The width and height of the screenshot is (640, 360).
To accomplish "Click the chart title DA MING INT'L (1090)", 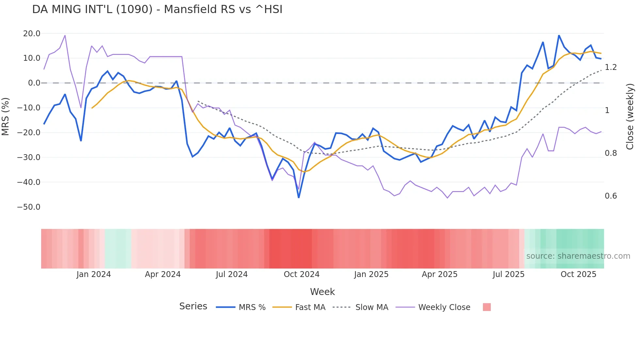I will pos(157,9).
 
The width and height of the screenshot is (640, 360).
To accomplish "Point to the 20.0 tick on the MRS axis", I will pos(32,34).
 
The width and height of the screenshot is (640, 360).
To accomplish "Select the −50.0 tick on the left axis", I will pos(29,207).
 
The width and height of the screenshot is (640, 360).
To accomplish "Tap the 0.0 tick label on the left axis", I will pos(34,83).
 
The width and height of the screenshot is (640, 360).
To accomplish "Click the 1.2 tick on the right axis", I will pos(611,67).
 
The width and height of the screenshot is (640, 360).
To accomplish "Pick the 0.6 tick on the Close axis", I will pos(611,196).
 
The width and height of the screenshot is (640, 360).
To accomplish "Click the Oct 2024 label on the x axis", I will pos(301,274).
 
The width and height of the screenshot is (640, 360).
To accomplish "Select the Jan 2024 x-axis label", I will pos(94,274).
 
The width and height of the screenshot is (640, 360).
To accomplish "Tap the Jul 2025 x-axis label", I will pos(508,274).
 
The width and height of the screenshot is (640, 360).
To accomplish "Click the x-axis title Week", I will pos(322,292).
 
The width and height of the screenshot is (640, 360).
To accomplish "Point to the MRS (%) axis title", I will pos(6,116).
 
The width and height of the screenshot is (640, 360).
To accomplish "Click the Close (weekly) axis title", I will pos(630,117).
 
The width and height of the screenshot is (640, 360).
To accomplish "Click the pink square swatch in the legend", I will pos(487,307).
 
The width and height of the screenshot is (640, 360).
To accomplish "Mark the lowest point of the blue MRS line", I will pos(299,197).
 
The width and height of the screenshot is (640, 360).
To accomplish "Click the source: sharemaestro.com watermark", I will pos(578,256).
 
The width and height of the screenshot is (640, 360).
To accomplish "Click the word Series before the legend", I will pos(193,306).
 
